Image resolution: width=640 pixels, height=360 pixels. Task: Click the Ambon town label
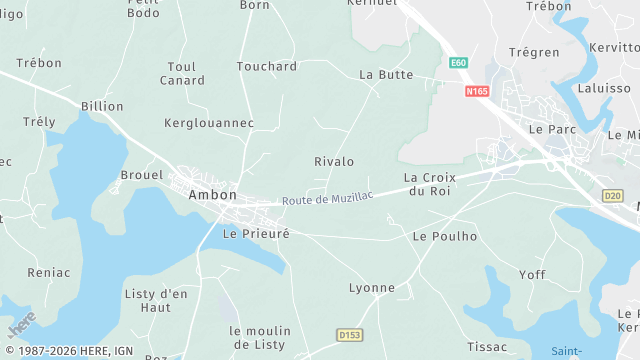(213, 195)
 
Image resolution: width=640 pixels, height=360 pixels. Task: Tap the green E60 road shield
(459, 63)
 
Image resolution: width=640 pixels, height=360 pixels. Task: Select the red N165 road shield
(477, 91)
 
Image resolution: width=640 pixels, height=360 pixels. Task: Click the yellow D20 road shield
(613, 195)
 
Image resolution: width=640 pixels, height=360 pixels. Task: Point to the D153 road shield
(348, 334)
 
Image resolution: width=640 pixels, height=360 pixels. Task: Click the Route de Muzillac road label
(327, 198)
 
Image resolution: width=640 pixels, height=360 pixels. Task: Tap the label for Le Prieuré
(256, 234)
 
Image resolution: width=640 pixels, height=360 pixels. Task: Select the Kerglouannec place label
(209, 123)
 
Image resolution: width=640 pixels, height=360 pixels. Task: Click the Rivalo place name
(334, 161)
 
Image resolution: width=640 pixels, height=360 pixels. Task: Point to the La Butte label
(386, 75)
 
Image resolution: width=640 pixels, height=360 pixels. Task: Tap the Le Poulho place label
(445, 237)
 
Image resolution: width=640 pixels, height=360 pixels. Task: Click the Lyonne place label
(371, 288)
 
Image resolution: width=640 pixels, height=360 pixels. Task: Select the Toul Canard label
(182, 73)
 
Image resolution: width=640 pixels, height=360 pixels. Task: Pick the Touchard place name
(267, 66)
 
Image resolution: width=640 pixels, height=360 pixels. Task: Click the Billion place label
(103, 105)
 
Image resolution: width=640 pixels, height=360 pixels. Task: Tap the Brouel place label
(141, 174)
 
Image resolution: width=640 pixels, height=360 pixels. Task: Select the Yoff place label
(532, 274)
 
